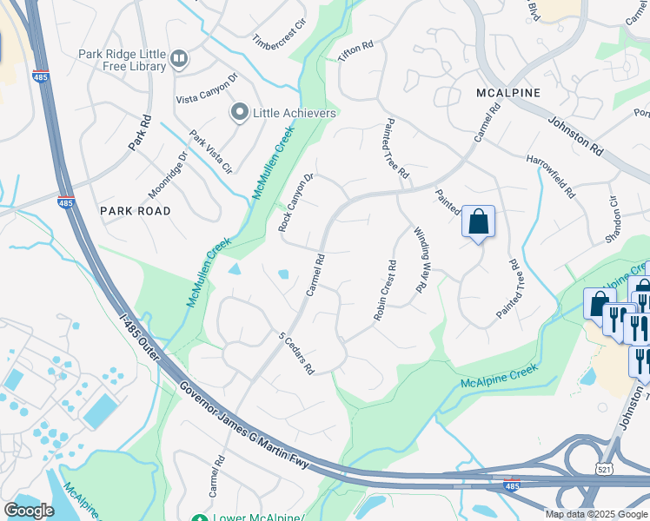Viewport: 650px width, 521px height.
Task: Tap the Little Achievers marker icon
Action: (239, 112)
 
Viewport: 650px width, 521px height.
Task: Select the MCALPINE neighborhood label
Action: (508, 92)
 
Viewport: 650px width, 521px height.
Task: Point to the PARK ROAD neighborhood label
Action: (135, 210)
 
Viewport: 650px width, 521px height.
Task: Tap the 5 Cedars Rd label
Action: (295, 353)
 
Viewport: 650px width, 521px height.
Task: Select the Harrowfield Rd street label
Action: (551, 176)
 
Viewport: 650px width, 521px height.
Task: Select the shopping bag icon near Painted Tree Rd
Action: (478, 221)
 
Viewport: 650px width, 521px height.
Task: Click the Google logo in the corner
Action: (28, 510)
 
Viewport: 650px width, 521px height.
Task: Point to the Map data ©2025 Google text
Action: (595, 514)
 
